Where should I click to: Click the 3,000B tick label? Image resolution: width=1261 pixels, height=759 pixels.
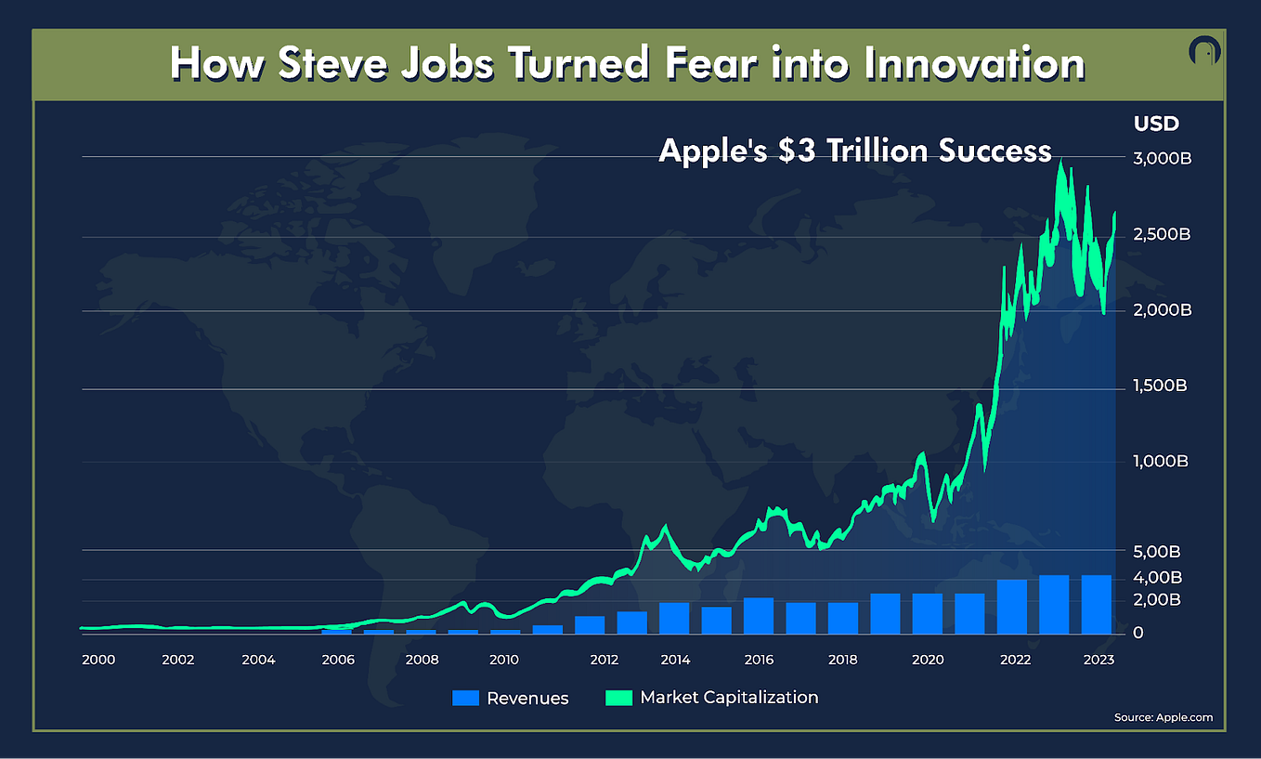pos(1161,160)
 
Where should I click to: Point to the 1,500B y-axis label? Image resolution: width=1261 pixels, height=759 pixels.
pos(1161,386)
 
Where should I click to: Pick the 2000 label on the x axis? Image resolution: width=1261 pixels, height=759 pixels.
pos(98,660)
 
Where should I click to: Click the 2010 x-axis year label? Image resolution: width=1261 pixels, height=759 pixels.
pos(504,660)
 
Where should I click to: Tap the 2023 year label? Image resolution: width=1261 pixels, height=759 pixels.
pos(1098,660)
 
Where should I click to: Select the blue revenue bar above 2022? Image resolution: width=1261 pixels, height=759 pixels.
pos(1012,606)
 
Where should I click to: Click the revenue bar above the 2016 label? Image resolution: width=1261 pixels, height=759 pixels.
pos(759,615)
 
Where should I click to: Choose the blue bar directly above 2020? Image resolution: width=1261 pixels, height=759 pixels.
pos(928,613)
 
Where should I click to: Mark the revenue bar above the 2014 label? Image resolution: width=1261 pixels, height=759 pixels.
pos(674,618)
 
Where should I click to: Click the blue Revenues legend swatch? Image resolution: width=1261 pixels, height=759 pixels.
pos(465,698)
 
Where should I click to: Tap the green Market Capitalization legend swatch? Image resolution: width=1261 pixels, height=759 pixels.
pos(618,698)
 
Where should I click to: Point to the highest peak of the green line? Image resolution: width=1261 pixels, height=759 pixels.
pos(1060,163)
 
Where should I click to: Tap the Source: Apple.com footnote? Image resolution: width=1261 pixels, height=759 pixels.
pos(1163,717)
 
